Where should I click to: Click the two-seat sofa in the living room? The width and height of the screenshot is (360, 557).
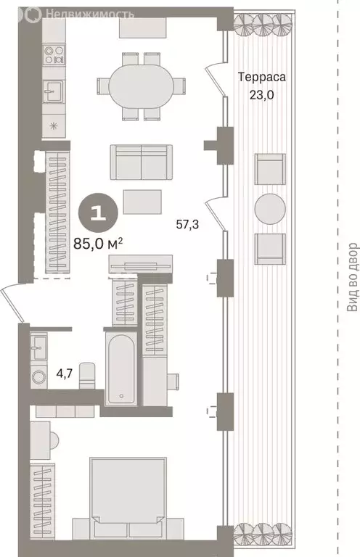pos(142,161)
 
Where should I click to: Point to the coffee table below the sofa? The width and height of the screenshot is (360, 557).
pos(142,201)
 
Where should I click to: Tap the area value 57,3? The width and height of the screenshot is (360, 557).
pos(187,226)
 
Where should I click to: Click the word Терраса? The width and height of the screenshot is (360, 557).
pos(262,76)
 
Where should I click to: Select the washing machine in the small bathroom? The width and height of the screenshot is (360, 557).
pos(39,376)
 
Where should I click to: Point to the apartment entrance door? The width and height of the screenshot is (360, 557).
pos(13,305)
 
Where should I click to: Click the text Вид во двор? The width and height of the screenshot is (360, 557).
pos(352,277)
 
